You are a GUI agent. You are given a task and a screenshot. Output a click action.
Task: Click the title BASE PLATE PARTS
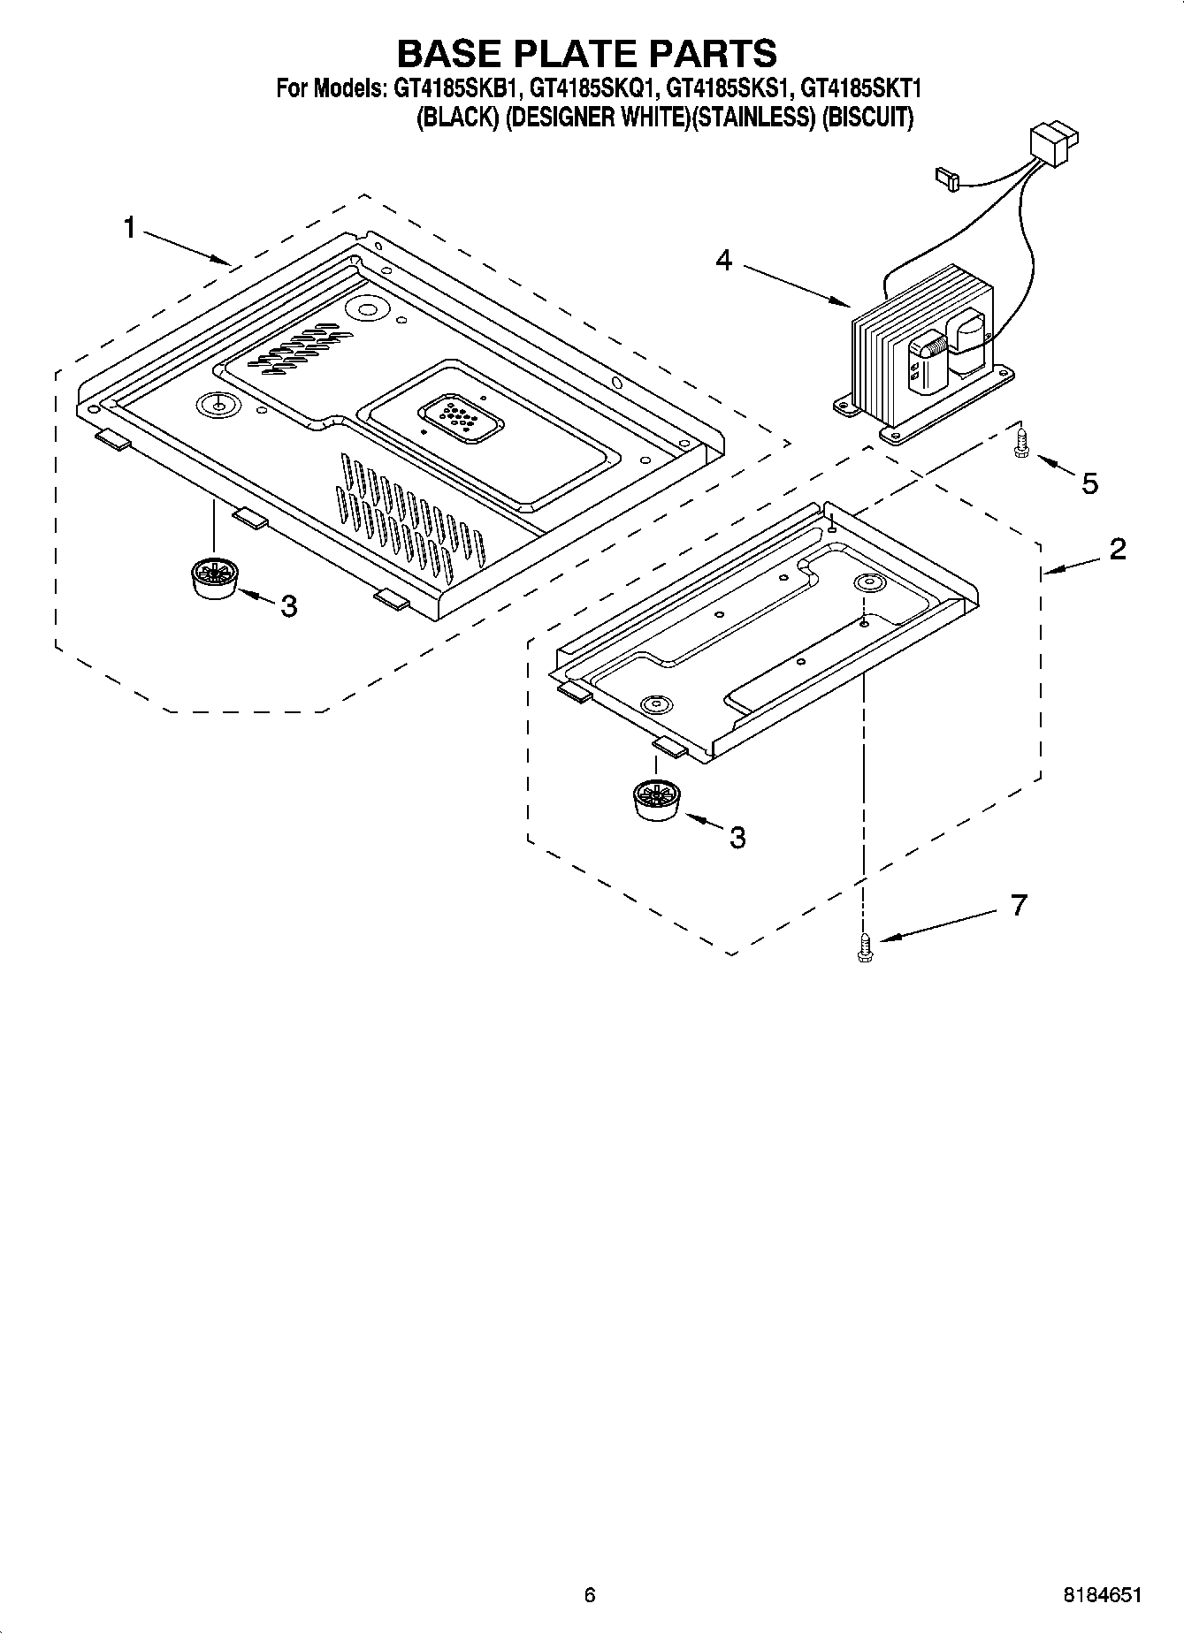(x=586, y=54)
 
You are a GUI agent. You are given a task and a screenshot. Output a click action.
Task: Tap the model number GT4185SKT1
(x=860, y=89)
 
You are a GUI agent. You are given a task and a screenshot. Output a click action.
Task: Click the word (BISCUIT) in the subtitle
(x=867, y=118)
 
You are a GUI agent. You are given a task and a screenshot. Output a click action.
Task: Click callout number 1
(x=130, y=228)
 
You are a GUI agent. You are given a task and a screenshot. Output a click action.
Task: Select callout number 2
(x=1117, y=549)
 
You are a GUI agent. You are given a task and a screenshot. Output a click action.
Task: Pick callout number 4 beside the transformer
(x=723, y=261)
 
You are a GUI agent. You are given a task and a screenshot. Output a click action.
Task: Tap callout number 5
(x=1089, y=483)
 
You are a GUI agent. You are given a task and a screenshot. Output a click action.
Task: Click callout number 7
(x=1019, y=905)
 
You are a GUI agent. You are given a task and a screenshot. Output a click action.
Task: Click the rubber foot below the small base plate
(x=656, y=800)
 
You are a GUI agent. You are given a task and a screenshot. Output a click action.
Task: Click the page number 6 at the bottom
(x=590, y=1594)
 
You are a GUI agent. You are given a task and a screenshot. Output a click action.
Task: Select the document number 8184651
(x=1102, y=1594)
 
